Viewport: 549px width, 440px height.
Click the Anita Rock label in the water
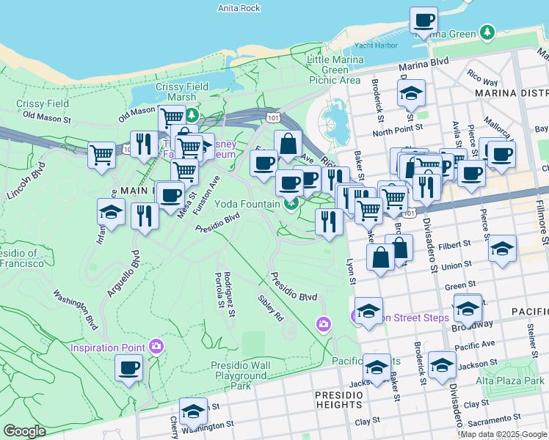tap(239, 8)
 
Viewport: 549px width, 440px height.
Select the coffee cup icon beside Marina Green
tap(423, 21)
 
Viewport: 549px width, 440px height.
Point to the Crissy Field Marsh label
tap(181, 92)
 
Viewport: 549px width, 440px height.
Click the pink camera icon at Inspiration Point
tap(156, 345)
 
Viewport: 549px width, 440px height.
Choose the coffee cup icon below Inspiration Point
tap(129, 367)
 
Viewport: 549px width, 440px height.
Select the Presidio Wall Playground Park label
tap(240, 375)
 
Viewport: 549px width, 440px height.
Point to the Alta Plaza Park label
tap(510, 381)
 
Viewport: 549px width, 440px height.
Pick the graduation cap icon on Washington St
tap(193, 411)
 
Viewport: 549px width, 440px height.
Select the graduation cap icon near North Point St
tap(411, 93)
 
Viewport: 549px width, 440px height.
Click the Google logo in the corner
tap(24, 431)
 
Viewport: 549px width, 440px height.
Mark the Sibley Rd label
tap(270, 309)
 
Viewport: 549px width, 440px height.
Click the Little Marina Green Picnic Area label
tap(335, 70)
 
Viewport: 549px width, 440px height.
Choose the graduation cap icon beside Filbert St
tap(502, 249)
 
